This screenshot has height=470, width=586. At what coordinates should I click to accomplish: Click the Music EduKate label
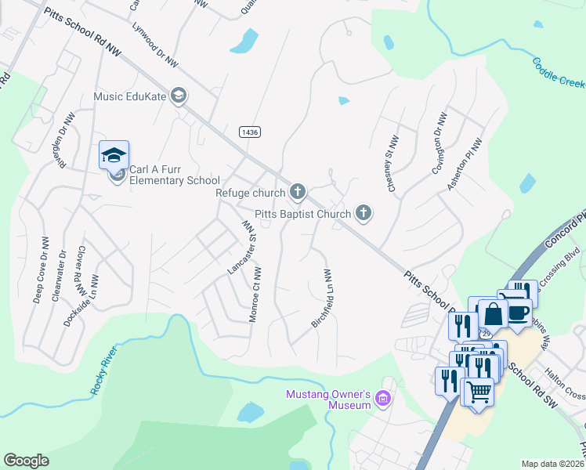click(130, 96)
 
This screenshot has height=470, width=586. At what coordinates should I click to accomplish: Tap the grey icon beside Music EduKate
click(179, 96)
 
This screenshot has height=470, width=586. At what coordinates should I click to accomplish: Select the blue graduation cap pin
click(114, 155)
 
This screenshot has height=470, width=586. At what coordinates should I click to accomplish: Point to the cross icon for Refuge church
click(297, 191)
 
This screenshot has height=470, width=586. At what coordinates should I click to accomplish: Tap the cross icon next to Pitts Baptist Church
click(363, 212)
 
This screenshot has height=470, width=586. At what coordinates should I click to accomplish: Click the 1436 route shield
click(250, 132)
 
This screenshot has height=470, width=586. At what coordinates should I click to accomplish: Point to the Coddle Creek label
click(559, 73)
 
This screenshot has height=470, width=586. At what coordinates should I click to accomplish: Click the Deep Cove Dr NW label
click(39, 277)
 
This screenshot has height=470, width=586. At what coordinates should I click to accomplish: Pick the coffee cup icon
click(518, 311)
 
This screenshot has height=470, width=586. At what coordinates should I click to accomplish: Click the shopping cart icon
click(478, 389)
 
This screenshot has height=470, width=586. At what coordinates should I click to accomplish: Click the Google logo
click(26, 461)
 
